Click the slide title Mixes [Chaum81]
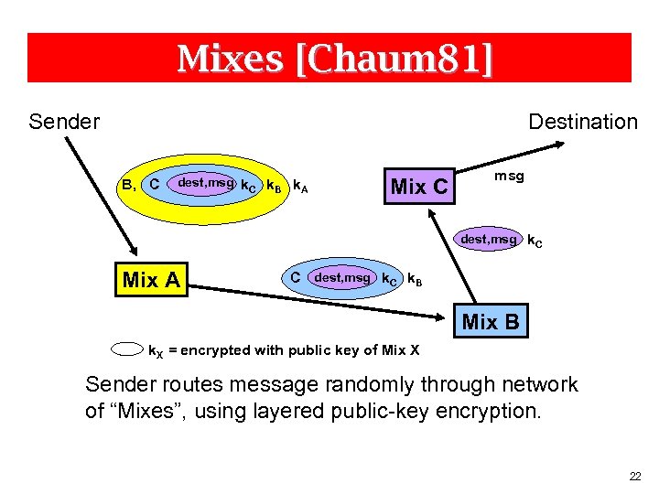334,59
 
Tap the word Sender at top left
64,122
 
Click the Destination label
583,122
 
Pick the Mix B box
491,322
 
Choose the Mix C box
419,187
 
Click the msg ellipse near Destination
509,176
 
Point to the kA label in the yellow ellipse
299,187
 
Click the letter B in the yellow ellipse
127,185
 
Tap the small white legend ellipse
128,349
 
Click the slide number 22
635,477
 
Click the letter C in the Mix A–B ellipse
295,276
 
